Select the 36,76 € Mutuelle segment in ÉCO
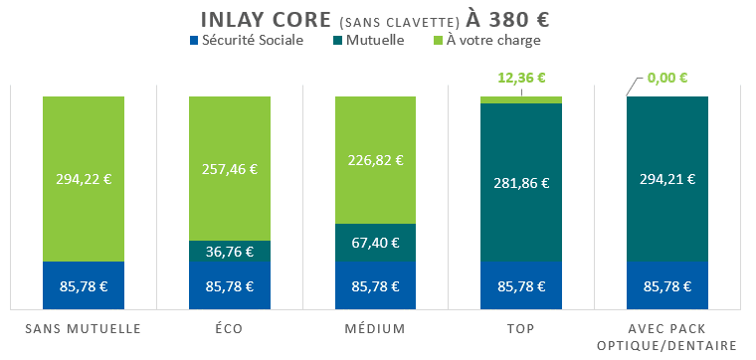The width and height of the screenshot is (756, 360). click(x=230, y=252)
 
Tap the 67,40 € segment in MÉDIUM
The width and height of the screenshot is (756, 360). click(x=375, y=243)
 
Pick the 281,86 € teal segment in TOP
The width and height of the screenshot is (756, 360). click(x=521, y=182)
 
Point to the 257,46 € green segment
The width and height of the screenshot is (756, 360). click(x=230, y=168)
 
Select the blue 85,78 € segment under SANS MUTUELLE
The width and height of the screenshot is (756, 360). click(x=84, y=286)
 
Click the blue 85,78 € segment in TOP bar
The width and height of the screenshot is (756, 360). click(x=521, y=286)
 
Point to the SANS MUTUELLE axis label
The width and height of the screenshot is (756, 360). click(x=84, y=328)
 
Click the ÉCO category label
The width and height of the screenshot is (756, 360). click(x=230, y=328)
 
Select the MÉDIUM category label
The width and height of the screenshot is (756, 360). click(x=375, y=328)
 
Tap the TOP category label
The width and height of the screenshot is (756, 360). click(x=521, y=328)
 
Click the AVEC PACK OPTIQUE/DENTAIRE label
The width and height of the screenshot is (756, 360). click(x=667, y=336)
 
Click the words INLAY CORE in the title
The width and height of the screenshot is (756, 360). click(x=264, y=19)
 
